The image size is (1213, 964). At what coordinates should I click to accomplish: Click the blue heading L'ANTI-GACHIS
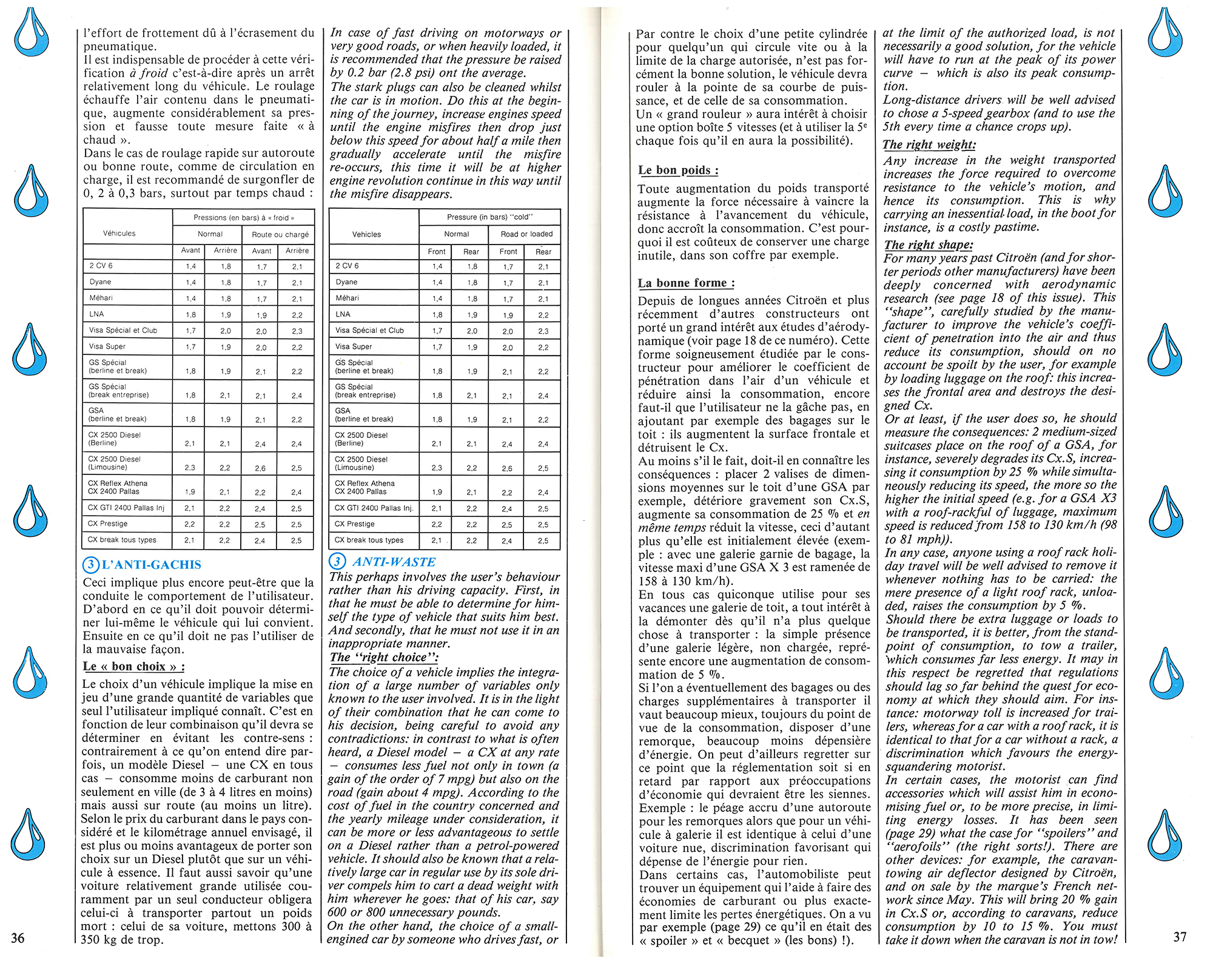point(151,565)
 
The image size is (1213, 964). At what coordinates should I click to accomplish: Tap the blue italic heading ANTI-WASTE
point(394,562)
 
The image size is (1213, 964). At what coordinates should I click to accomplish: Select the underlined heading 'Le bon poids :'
point(678,170)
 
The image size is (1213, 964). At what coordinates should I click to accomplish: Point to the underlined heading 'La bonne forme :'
point(686,283)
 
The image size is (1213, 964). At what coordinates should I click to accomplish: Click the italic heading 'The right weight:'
point(929,144)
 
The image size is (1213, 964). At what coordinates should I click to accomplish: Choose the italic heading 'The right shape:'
point(928,244)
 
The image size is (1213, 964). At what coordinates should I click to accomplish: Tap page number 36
point(18,938)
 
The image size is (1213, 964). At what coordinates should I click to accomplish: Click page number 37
point(1180,937)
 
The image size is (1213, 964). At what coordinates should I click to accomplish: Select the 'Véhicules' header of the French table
point(119,234)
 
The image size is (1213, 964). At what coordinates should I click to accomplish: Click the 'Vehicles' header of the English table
point(366,234)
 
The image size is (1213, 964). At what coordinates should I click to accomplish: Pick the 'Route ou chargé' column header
point(280,234)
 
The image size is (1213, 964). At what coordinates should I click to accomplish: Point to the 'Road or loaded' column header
point(526,234)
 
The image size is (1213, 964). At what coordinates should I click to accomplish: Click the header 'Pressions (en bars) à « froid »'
point(244,217)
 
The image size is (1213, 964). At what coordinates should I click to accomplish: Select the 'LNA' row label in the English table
point(343,314)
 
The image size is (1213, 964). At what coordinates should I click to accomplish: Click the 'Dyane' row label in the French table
point(101,282)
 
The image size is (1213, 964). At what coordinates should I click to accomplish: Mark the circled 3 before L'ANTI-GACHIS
point(90,565)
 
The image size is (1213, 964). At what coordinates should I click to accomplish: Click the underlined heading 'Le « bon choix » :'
point(134,666)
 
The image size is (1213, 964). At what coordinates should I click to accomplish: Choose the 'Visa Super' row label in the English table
point(354,346)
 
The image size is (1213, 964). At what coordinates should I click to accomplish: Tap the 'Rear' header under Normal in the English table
point(471,252)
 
